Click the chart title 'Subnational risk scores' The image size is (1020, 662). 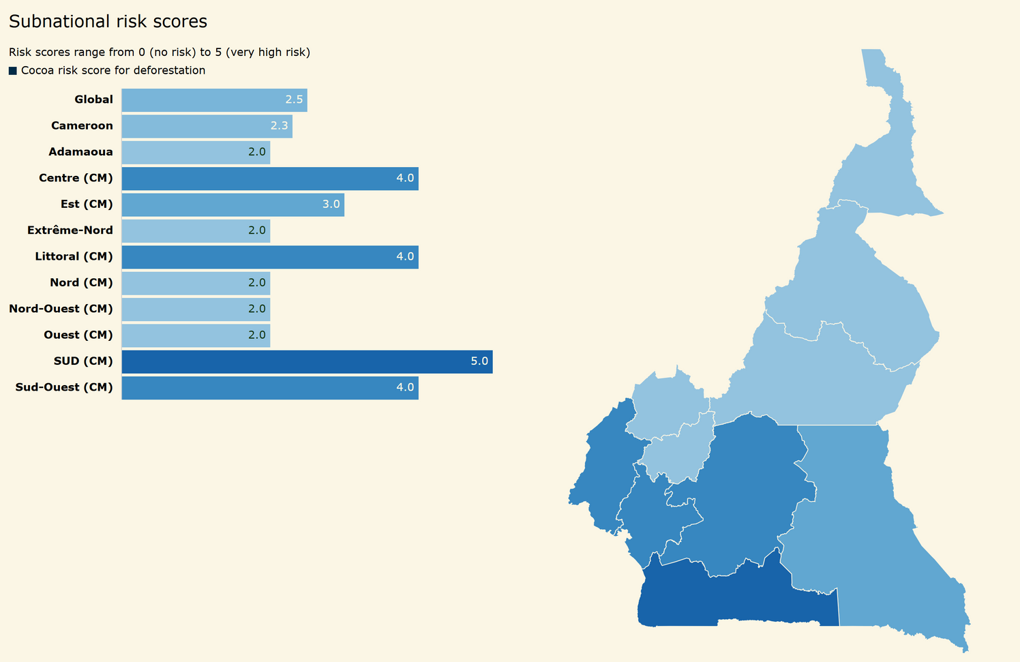108,22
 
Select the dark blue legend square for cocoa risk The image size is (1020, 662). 13,71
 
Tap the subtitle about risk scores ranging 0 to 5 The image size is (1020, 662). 160,52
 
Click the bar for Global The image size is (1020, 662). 214,100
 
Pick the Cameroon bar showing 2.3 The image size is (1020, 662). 207,126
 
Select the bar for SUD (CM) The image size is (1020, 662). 307,361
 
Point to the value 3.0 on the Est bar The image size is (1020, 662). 331,205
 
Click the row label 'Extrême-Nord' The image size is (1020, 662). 70,230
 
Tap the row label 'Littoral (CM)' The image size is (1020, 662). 74,256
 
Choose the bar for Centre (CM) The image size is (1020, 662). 269,179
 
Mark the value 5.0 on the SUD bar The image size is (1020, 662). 479,361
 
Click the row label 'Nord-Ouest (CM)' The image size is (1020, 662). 61,309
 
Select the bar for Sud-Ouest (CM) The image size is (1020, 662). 269,388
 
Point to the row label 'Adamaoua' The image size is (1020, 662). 80,152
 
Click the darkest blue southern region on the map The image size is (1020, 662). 736,597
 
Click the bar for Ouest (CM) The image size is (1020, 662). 196,335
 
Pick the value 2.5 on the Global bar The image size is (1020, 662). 294,100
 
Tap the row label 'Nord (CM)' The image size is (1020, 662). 81,283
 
